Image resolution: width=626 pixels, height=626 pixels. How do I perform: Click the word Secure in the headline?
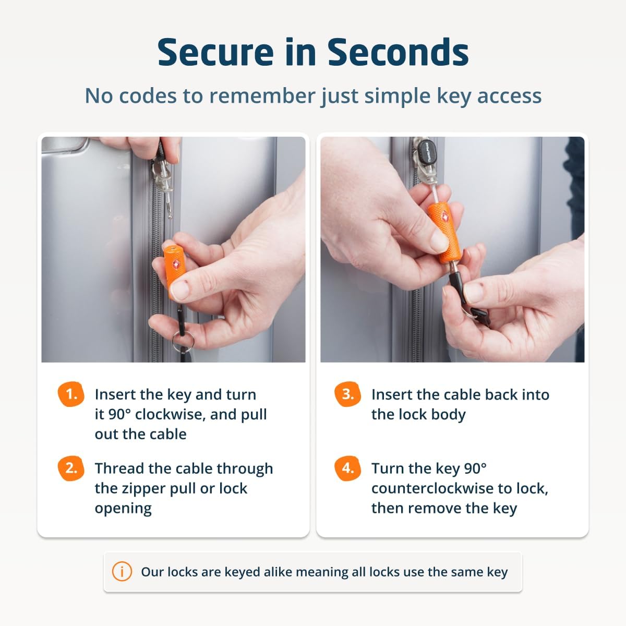[215, 52]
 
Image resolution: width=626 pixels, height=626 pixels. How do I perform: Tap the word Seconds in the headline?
[398, 52]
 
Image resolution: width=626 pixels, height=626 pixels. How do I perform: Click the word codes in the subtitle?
[148, 96]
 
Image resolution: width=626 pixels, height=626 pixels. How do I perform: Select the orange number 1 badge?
[71, 394]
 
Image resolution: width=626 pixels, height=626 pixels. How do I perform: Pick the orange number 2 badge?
[71, 468]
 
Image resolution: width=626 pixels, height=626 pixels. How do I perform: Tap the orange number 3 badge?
[347, 394]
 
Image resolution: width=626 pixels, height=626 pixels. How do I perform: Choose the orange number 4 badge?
[347, 468]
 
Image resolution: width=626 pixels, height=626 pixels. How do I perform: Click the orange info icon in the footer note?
[122, 571]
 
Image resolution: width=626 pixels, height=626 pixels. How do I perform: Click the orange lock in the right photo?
[444, 232]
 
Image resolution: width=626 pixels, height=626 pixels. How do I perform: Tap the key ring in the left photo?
[183, 341]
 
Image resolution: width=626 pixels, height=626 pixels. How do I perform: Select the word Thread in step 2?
[119, 468]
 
